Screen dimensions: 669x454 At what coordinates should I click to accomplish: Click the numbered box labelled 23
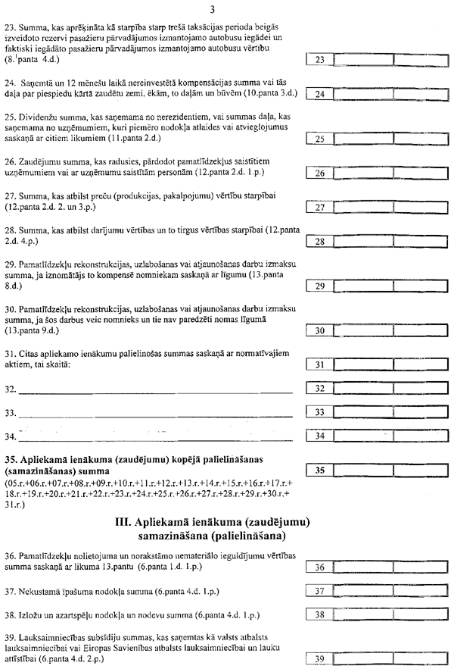[319, 58]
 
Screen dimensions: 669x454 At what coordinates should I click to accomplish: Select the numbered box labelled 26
[319, 174]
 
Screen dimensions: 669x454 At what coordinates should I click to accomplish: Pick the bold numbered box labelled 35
[319, 470]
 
